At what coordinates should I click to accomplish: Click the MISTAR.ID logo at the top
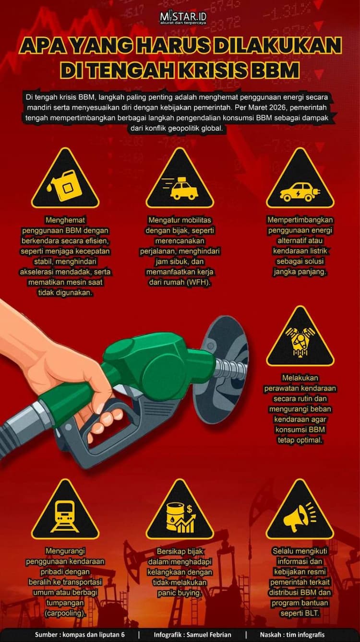click(x=183, y=18)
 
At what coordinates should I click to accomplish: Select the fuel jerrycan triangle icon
click(x=65, y=178)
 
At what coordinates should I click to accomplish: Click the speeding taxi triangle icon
click(x=180, y=178)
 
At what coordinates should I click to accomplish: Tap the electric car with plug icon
click(x=300, y=192)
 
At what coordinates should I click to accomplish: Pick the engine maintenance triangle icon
click(x=300, y=336)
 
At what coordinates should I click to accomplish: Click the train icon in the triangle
click(x=65, y=516)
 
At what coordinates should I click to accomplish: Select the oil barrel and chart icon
click(x=181, y=518)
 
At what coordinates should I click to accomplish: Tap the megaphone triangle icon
click(x=300, y=510)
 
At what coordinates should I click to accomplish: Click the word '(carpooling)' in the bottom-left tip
click(x=65, y=613)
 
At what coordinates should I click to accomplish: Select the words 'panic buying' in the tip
click(x=180, y=593)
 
